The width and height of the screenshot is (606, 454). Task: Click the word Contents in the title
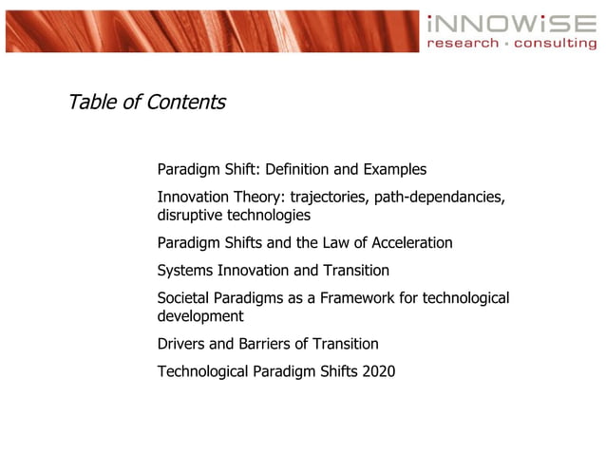point(186,102)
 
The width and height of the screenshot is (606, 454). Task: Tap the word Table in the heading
point(92,102)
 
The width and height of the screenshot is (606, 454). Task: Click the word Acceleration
point(408,243)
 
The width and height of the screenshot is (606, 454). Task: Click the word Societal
point(186,298)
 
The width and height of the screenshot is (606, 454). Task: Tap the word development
point(200,316)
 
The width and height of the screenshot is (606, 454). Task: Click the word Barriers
point(263,344)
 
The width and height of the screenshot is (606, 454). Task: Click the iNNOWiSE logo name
point(511,24)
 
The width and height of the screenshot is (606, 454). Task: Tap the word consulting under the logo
point(557,44)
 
